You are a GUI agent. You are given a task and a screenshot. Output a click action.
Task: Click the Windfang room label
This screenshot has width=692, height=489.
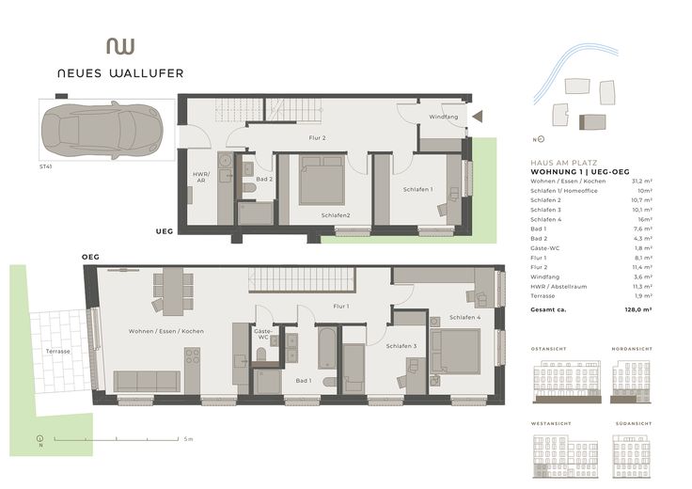(443, 117)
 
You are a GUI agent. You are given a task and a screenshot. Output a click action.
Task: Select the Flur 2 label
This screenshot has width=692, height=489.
(317, 139)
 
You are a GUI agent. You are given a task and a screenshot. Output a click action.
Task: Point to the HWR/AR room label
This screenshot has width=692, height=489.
(200, 177)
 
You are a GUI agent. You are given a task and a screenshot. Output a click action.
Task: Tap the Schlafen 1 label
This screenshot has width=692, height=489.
(417, 190)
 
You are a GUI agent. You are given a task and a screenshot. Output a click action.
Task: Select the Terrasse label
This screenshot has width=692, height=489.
(57, 351)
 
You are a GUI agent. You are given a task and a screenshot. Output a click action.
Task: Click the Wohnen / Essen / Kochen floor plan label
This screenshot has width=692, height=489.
(166, 331)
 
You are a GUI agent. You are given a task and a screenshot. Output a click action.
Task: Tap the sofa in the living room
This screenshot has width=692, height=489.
(147, 381)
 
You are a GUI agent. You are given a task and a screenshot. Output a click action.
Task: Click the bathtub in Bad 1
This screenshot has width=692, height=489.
(326, 347)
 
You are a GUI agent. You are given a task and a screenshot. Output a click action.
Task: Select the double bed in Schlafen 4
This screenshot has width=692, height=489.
(455, 351)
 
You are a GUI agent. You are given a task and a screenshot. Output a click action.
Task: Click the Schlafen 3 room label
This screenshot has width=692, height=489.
(401, 346)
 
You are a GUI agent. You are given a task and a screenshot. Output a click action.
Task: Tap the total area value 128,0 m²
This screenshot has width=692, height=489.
(639, 308)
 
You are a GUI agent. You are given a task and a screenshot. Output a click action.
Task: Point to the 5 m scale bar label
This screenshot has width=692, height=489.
(188, 439)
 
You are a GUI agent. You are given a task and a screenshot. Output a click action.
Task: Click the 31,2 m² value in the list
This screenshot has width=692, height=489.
(642, 181)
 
